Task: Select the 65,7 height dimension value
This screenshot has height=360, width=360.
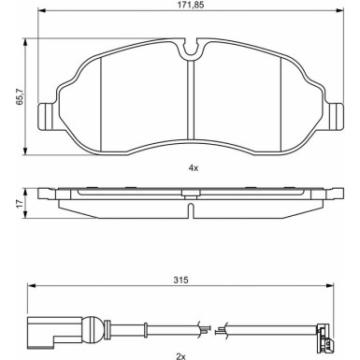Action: [20, 96]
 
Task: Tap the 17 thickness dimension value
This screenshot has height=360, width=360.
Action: [20, 204]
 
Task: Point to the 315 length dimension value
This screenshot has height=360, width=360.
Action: [181, 280]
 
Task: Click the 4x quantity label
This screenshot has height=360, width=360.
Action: [194, 168]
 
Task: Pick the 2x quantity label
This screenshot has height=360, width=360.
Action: [181, 355]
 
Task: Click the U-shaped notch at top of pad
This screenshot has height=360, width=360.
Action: [190, 49]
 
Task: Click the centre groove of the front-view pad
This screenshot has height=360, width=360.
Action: [191, 99]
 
